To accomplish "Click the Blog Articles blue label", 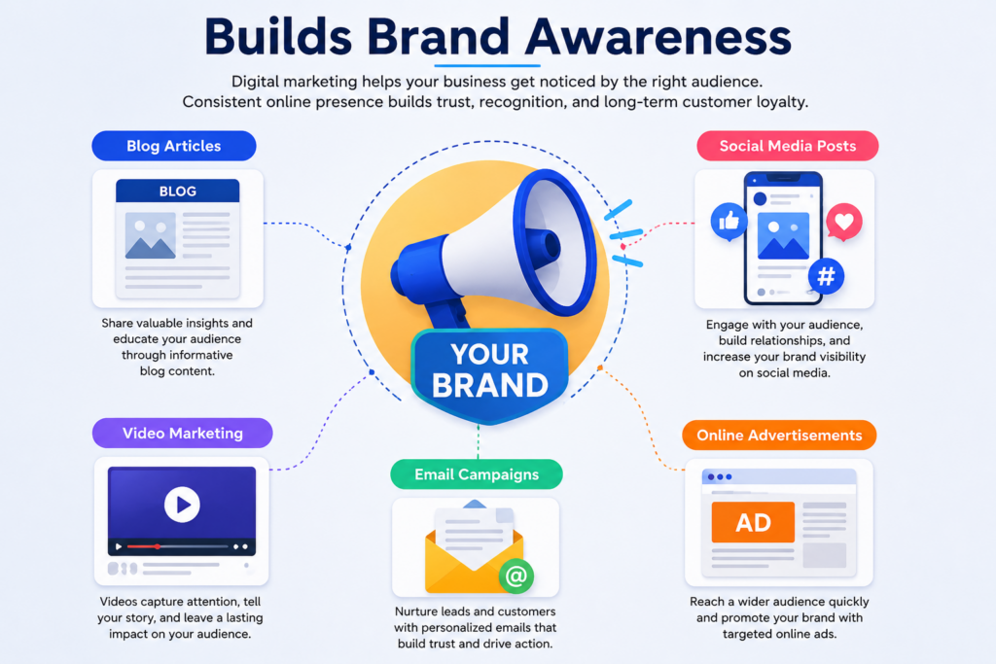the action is (174, 146).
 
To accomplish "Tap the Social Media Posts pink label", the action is (788, 146).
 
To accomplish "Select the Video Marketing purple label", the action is (182, 433).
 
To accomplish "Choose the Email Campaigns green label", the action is (477, 474).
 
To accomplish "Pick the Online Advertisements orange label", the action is (779, 436).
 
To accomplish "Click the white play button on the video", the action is (182, 505).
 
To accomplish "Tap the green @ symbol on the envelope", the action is (516, 576).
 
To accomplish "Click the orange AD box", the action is (753, 522).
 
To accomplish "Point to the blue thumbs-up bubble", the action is (729, 222).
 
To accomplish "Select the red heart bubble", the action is (844, 222).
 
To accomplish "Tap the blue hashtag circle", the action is (826, 276).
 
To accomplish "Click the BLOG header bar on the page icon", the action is (177, 192).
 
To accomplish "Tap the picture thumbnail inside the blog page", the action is (151, 235).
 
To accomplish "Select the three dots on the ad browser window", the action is (720, 476).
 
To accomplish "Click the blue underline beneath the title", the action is (487, 65).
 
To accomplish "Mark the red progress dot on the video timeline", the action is (157, 546).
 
